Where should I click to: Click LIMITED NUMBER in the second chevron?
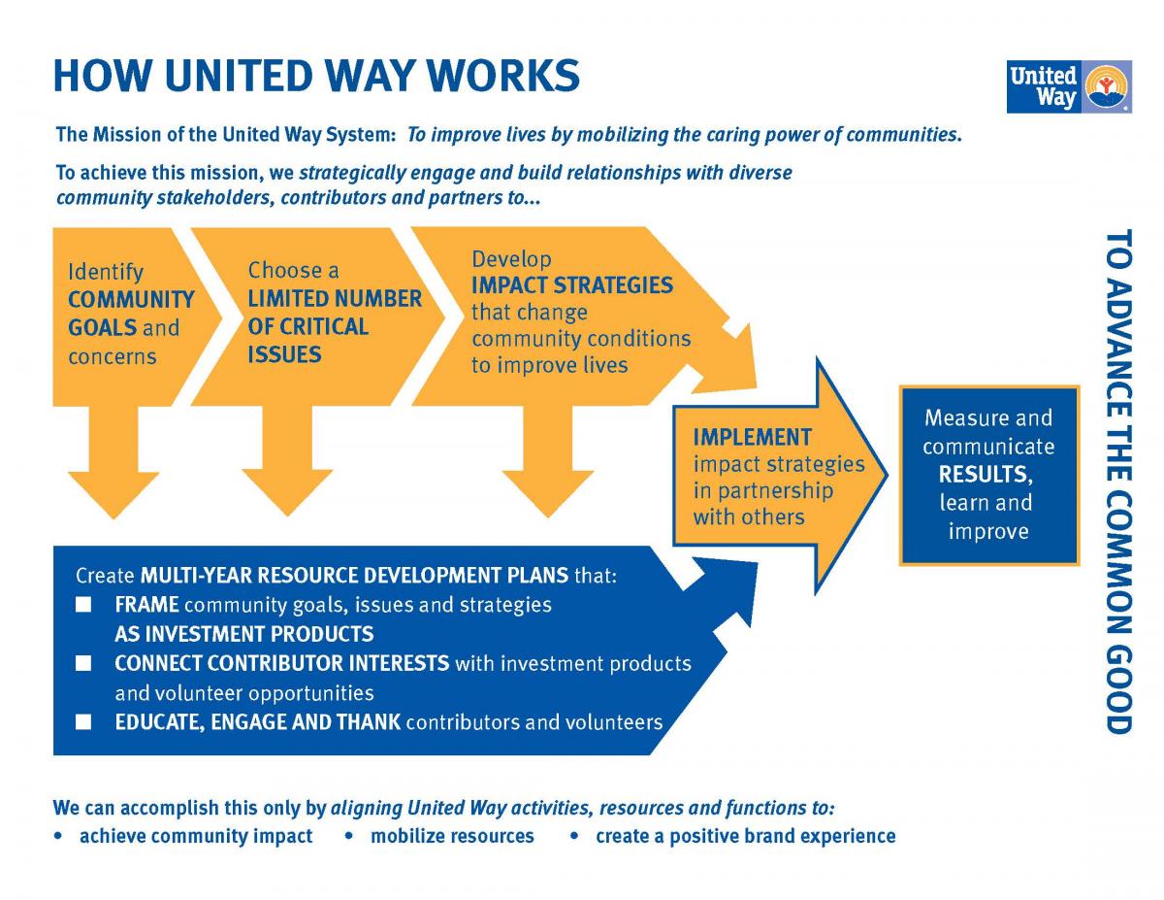(x=335, y=299)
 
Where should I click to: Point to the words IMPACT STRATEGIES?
(x=571, y=286)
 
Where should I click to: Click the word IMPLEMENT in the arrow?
(x=752, y=437)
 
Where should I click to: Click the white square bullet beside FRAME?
(x=84, y=605)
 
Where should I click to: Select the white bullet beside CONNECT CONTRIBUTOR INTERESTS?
(x=84, y=664)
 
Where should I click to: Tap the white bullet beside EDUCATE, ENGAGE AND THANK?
(x=84, y=722)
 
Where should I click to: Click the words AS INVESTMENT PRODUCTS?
(x=243, y=634)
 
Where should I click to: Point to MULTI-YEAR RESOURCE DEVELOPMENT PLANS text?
(x=354, y=575)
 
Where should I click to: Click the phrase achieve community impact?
(x=196, y=836)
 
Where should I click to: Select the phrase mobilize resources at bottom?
(x=452, y=836)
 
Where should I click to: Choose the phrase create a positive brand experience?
(x=745, y=836)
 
